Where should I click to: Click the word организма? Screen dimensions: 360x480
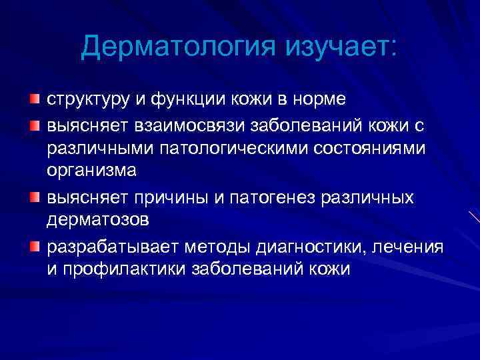[91, 171]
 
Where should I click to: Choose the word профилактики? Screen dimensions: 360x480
[125, 269]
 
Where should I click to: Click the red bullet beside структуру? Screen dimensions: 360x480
[34, 99]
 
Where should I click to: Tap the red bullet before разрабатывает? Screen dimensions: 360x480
[34, 247]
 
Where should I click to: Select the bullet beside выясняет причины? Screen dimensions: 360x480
[34, 197]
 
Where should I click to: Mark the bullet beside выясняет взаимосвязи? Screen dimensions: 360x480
[34, 124]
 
